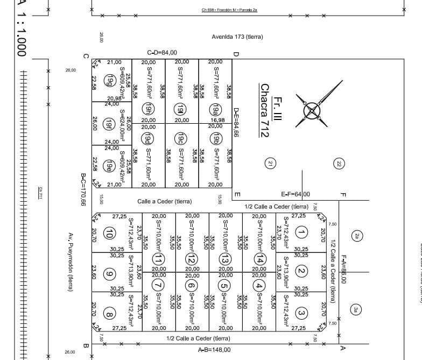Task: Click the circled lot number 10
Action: pos(109,233)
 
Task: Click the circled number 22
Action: pos(339,163)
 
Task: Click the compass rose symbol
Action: pos(313,110)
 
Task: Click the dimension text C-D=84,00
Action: pos(162,53)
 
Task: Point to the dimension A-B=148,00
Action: pos(214,349)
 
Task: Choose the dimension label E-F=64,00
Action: pos(296,194)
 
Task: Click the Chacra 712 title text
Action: pos(264,110)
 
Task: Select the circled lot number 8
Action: pos(109,314)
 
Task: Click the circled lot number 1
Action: pos(301,232)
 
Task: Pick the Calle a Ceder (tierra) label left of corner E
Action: pos(165,201)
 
